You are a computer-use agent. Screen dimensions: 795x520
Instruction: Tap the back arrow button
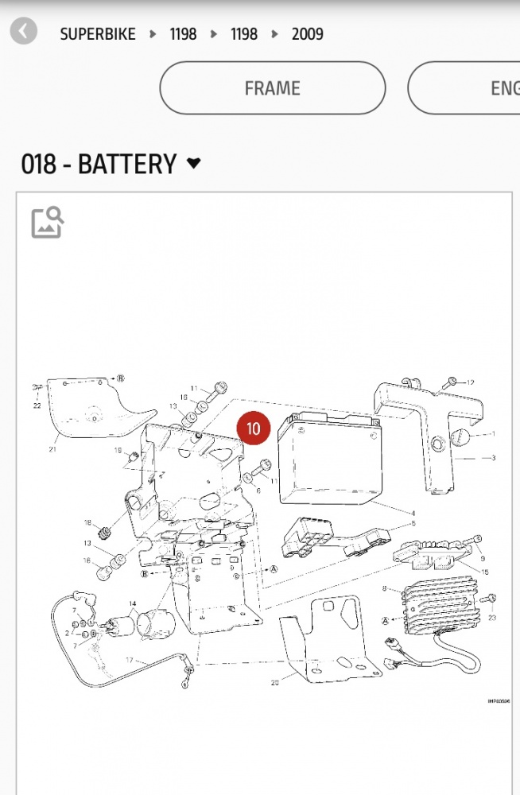[24, 32]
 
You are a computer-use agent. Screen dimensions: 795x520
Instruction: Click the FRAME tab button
[272, 87]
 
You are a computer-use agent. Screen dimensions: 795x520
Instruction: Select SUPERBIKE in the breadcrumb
[98, 34]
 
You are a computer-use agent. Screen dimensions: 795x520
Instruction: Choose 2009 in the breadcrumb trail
[307, 34]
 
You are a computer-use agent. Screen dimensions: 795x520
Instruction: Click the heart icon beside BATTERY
[193, 164]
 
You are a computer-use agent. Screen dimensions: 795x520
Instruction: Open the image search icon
[47, 222]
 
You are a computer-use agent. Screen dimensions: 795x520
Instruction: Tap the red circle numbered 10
[253, 429]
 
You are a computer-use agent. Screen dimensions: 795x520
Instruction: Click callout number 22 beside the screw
[37, 405]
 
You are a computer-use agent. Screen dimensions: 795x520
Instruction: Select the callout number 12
[470, 383]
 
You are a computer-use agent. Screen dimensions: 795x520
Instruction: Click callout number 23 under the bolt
[491, 617]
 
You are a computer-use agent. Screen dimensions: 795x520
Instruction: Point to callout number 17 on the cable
[130, 660]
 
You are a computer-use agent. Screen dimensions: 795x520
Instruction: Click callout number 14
[132, 604]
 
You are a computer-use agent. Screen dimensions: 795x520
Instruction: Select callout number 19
[118, 452]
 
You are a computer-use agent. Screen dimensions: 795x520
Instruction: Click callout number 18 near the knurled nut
[88, 522]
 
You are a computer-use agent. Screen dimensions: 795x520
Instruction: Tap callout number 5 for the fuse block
[413, 524]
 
